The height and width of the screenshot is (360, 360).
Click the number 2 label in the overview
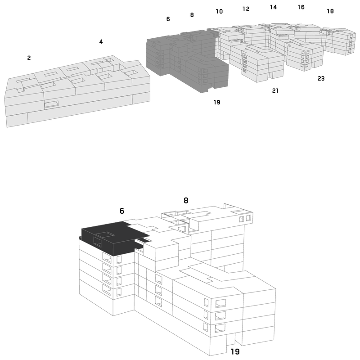[x=29, y=58]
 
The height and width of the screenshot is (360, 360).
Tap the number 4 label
[x=101, y=42]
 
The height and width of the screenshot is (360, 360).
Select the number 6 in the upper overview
[x=168, y=19]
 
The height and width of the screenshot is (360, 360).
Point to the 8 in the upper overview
[x=192, y=15]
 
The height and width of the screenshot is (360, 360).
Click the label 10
[x=219, y=12]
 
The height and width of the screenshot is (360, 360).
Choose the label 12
[x=246, y=9]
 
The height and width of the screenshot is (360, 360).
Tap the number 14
[x=273, y=7]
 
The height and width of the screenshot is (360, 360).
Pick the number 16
[x=301, y=7]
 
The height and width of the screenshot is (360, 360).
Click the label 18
[x=330, y=11]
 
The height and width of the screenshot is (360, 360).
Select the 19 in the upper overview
[x=217, y=103]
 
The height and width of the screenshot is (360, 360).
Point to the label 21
[x=275, y=91]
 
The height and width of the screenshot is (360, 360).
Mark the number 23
[x=321, y=79]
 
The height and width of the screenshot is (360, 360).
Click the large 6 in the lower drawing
[x=122, y=211]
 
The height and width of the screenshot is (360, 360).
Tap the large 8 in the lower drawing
[x=186, y=201]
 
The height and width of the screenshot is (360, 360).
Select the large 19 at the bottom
[x=235, y=351]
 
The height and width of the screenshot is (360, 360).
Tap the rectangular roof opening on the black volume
[x=105, y=234]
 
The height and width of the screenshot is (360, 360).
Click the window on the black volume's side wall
[x=97, y=242]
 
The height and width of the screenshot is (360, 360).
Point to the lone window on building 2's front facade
[x=51, y=104]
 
